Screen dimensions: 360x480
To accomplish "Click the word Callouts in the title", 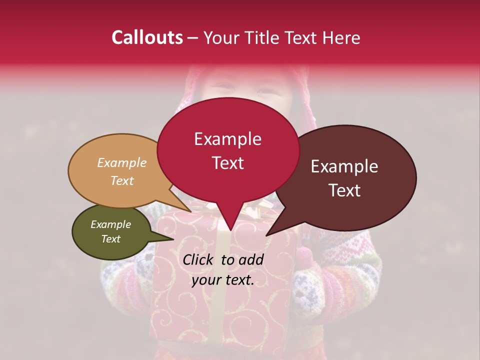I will (147, 37).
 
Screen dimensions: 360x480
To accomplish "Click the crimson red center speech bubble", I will (228, 150).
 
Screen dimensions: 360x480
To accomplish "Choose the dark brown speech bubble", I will (350, 177).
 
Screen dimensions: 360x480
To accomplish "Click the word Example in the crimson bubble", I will (227, 139).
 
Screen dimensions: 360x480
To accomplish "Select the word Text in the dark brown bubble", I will (345, 190).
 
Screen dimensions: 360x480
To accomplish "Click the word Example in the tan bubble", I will (121, 163).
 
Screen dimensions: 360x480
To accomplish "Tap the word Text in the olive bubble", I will (111, 239).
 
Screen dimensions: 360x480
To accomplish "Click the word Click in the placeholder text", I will (199, 259).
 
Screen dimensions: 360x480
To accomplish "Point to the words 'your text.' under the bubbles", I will (223, 280).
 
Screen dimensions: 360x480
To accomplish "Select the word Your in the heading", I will (218, 38).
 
